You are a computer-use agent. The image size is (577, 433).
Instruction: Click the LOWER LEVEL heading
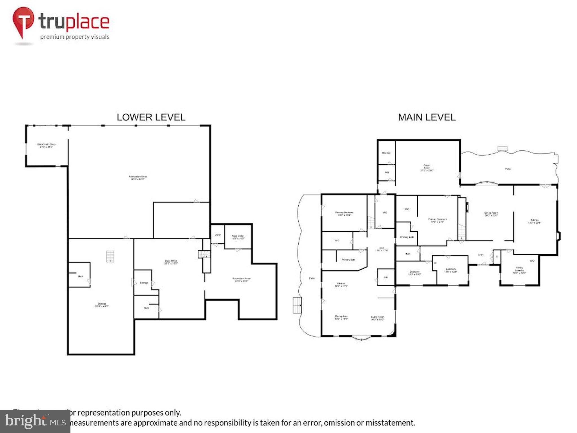[x=151, y=117]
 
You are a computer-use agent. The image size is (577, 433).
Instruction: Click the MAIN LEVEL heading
[x=427, y=117]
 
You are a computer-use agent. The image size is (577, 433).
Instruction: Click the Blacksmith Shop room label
[x=46, y=145]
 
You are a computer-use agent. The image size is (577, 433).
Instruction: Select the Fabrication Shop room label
[x=138, y=178]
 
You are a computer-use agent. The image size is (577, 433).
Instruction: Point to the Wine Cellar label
[x=238, y=237]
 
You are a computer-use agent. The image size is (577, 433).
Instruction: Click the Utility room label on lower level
[x=218, y=235]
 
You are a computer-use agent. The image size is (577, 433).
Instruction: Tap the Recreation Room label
[x=241, y=280]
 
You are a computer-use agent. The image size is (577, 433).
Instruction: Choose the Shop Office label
[x=171, y=262]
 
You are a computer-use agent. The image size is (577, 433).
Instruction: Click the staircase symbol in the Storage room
[x=110, y=257]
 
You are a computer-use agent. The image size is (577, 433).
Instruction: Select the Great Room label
[x=427, y=168]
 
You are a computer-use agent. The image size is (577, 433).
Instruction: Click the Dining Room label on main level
[x=491, y=214]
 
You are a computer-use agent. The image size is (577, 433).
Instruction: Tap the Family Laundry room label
[x=519, y=270]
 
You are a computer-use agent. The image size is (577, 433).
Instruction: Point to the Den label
[x=381, y=249]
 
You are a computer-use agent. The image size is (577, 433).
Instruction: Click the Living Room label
[x=377, y=318]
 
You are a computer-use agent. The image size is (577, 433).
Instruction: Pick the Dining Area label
[x=341, y=318]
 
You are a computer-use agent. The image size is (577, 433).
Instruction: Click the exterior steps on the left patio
[x=297, y=305]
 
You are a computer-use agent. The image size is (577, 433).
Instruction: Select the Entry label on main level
[x=481, y=255]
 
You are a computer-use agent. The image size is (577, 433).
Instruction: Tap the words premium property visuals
[x=74, y=37]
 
